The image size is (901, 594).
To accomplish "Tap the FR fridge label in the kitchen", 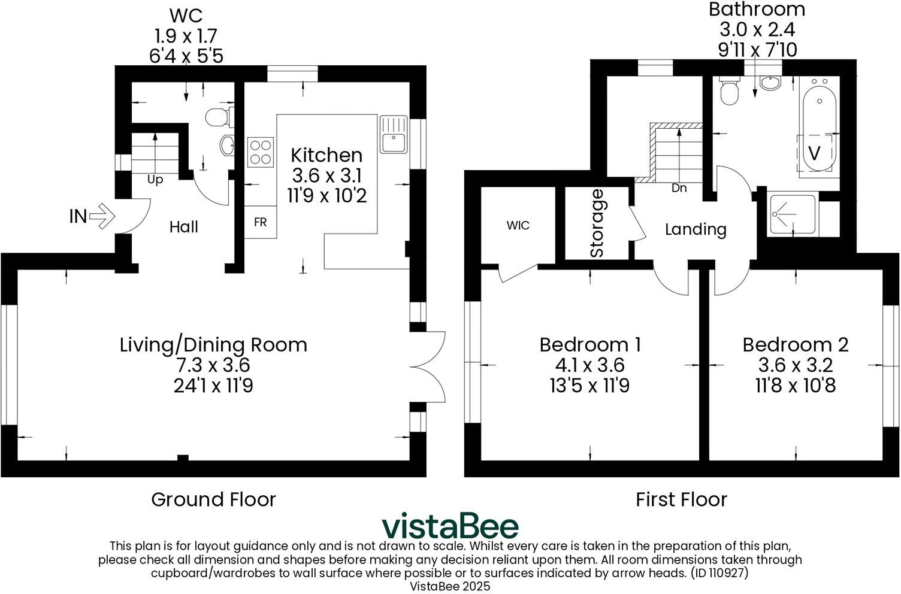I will pos(260,222).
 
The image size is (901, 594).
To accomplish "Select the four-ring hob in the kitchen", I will pos(261,151).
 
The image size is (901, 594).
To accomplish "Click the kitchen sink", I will pos(394,134).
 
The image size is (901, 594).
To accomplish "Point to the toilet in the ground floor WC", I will pos(217,118).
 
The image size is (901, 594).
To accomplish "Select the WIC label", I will pos(518,226).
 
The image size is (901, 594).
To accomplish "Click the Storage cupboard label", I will pos(597,223).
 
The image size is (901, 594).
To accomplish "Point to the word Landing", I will pos(696,229).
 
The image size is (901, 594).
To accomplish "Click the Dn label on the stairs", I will pos(679,188).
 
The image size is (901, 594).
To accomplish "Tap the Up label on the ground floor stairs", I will pos(155,180).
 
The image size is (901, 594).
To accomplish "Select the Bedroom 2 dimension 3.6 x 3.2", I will pos(796,365).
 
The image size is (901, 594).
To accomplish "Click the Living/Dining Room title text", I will pos(213,345).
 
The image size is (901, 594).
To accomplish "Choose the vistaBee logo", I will pos(450,526).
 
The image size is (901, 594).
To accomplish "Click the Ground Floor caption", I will pos(213,499).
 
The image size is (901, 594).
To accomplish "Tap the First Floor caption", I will pos(682,499).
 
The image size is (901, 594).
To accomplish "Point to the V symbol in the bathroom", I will pos(814,153).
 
